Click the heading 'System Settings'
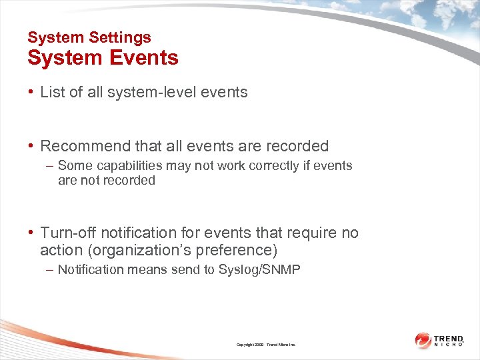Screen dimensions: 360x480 [x=89, y=38]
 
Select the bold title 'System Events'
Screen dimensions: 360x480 [x=103, y=58]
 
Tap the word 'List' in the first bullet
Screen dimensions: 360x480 [x=52, y=93]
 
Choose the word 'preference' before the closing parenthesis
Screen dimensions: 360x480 [x=243, y=251]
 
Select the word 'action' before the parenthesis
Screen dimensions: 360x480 [x=60, y=251]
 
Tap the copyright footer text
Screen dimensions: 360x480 [x=265, y=345]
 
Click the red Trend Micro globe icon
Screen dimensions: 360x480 [x=423, y=340]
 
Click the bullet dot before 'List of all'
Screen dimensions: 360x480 [x=31, y=93]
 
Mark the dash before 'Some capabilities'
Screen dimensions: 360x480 [x=51, y=165]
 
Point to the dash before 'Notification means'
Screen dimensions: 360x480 [x=51, y=269]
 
